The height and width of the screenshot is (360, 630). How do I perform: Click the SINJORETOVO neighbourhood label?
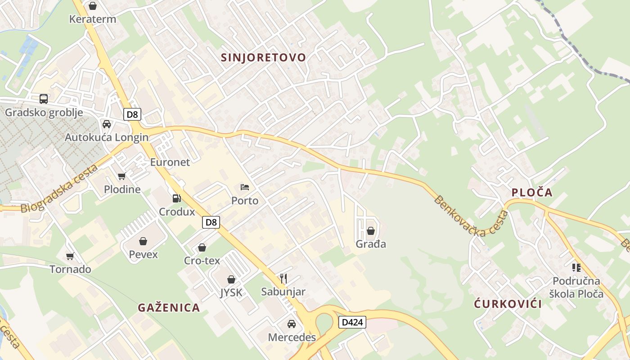tap(263, 58)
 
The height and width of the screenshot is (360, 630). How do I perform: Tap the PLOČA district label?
tap(532, 193)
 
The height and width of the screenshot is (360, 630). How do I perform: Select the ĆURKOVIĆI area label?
tap(508, 304)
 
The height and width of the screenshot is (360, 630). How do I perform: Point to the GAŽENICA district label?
tap(169, 308)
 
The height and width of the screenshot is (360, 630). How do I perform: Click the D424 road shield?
tap(352, 322)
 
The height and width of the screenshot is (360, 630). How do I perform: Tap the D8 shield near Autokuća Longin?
tap(132, 114)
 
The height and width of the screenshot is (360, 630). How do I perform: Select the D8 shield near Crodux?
tap(211, 222)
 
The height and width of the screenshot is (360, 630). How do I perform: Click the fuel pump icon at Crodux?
tap(177, 198)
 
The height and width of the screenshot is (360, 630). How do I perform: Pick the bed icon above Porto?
tap(245, 187)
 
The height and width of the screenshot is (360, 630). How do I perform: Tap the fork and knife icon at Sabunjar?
tap(283, 278)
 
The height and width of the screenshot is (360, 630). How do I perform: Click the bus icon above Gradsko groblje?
tap(44, 99)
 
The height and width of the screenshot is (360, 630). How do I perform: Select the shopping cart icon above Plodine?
tap(121, 176)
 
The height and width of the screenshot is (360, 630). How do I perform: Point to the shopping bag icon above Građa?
tap(371, 231)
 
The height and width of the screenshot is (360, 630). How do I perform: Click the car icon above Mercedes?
tap(292, 324)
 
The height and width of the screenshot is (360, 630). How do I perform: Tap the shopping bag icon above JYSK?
tap(231, 279)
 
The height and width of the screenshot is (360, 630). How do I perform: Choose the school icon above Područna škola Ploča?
tap(576, 268)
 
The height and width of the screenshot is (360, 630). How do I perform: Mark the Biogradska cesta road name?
tap(59, 189)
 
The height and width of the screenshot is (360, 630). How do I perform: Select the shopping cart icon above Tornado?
tap(70, 256)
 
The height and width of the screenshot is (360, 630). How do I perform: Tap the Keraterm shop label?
tap(93, 19)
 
